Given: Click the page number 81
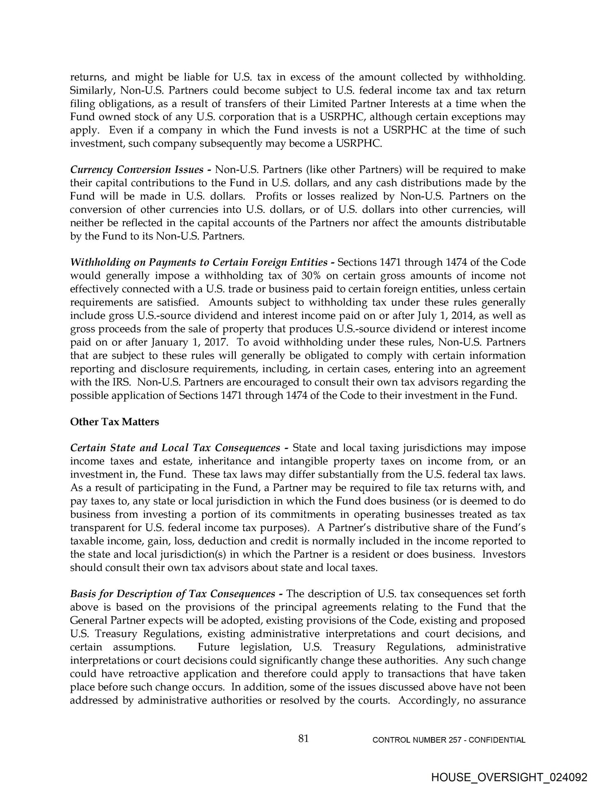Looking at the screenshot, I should tap(304, 738).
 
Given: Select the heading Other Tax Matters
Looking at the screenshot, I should tap(114, 422).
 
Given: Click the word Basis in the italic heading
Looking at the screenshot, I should tap(83, 594).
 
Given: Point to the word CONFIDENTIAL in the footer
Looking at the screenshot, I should tap(497, 740).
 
